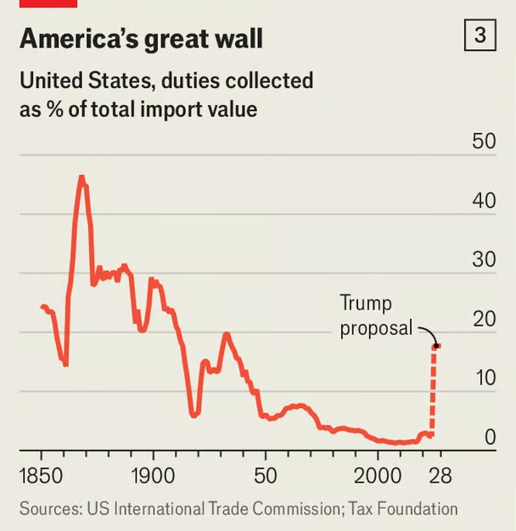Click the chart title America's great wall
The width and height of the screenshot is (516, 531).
tap(141, 39)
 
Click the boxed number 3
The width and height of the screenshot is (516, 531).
tap(480, 36)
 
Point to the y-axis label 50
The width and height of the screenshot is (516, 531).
tap(484, 141)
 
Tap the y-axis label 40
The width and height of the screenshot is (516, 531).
tap(484, 201)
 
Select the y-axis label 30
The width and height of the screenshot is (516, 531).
tap(484, 260)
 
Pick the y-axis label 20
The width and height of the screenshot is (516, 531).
tap(484, 319)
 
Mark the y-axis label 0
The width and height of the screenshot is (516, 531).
tap(490, 438)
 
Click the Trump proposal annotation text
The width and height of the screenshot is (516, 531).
tap(377, 315)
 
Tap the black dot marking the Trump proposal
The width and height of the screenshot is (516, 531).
tap(436, 346)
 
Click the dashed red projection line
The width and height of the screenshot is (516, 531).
tap(434, 390)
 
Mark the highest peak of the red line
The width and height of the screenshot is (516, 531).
tap(81, 177)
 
